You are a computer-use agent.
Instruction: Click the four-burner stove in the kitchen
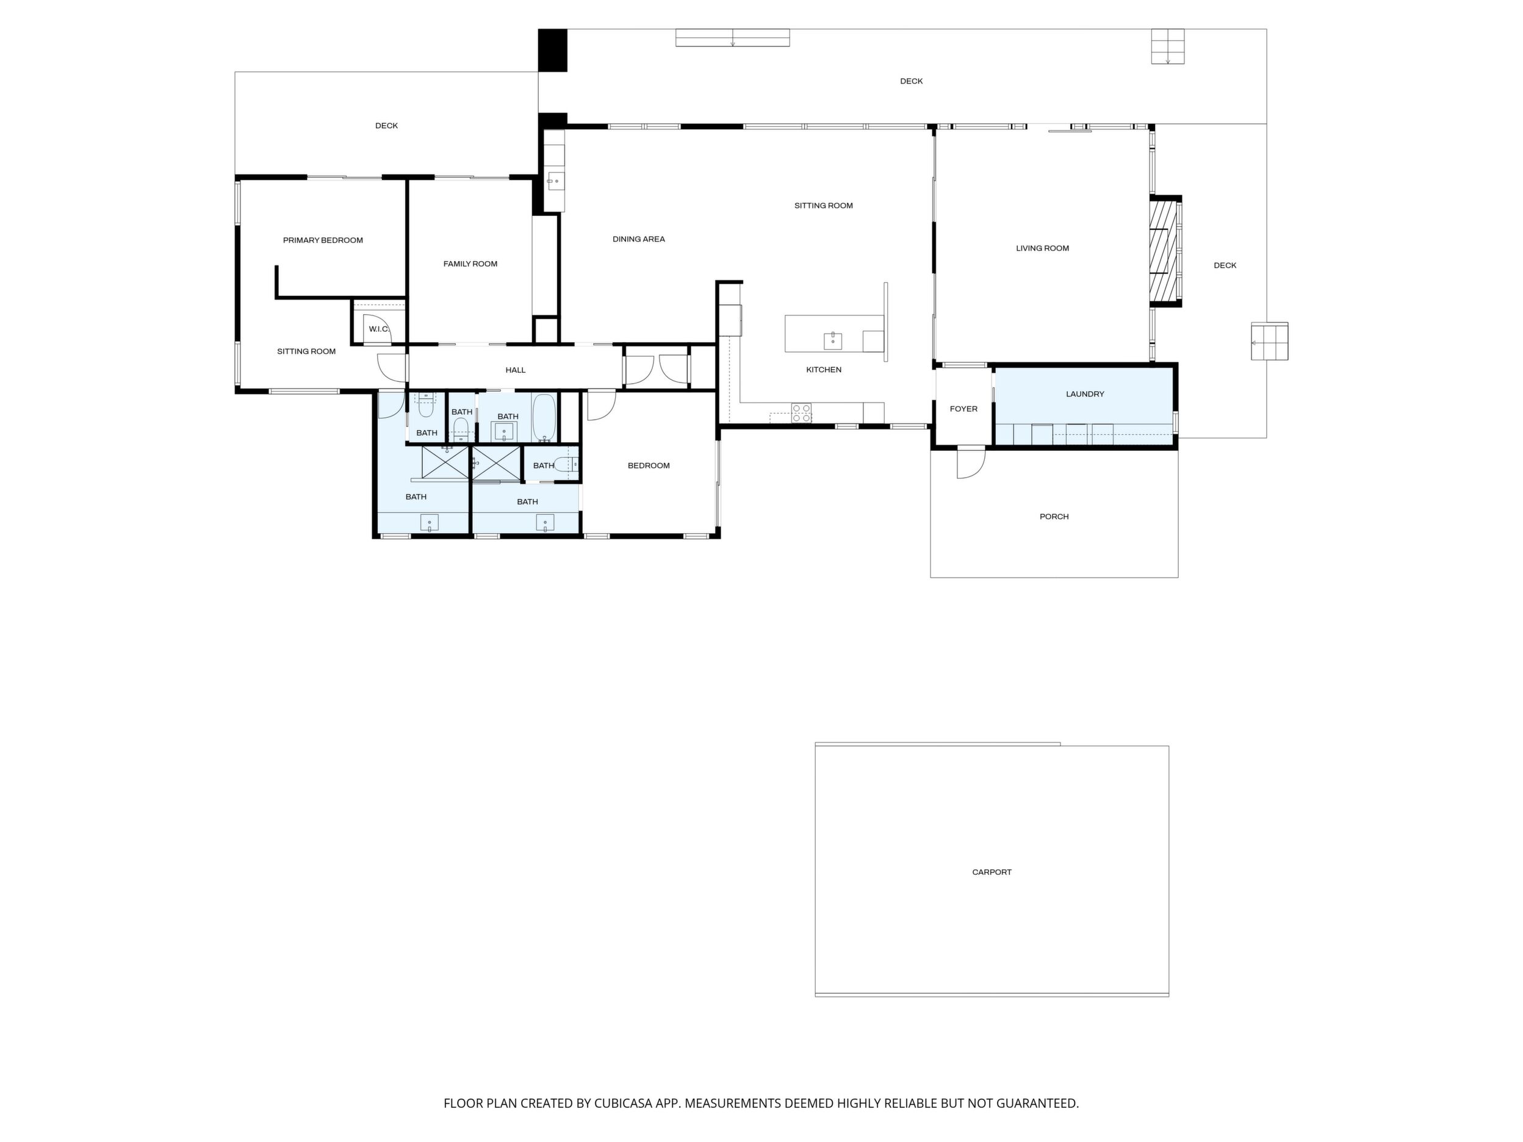[x=801, y=412]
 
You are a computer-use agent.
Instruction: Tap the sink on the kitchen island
[x=833, y=341]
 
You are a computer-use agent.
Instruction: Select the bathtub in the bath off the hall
[x=544, y=418]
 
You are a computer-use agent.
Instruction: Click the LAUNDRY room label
[x=1085, y=393]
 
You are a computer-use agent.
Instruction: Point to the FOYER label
[x=963, y=409]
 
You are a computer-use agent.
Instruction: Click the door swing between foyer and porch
[x=971, y=462]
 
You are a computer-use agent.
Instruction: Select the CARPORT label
[x=992, y=872]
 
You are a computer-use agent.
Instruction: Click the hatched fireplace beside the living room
[x=1165, y=251]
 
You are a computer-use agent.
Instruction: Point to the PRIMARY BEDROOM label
[x=323, y=240]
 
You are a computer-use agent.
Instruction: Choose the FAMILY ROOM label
[x=470, y=264]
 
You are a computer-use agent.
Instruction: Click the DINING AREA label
[x=639, y=239]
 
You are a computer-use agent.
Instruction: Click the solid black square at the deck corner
[x=552, y=50]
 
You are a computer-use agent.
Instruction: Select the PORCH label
[x=1054, y=516]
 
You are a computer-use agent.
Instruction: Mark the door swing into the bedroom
[x=600, y=404]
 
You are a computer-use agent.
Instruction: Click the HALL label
[x=516, y=370]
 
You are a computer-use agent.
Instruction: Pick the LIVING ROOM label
[x=1042, y=248]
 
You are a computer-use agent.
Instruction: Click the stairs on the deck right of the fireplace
[x=1270, y=342]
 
